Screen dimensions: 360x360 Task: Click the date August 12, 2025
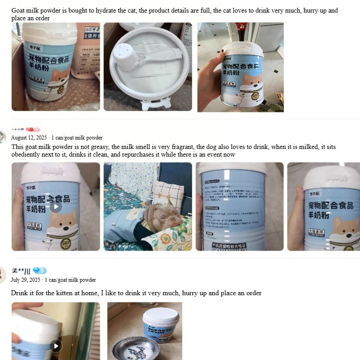(x=30, y=138)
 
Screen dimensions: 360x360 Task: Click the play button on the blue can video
(x=56, y=207)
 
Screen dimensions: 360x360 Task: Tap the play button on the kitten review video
(x=56, y=346)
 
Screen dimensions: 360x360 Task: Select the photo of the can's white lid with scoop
(x=148, y=67)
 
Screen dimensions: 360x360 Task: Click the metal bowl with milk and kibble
(x=142, y=348)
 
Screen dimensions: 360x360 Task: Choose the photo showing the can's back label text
(x=239, y=206)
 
